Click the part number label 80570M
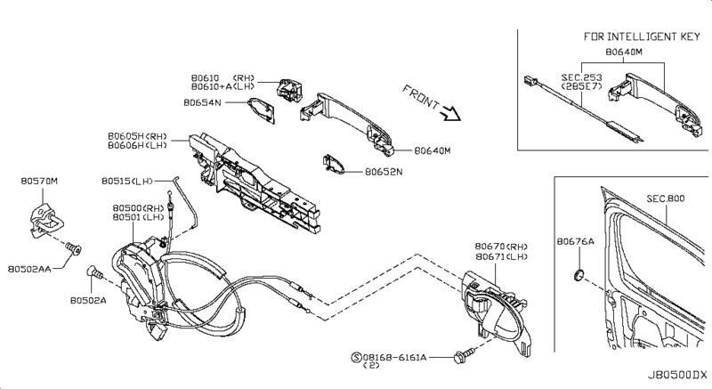point(38,181)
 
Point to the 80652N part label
point(385,173)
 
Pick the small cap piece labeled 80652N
point(335,165)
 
